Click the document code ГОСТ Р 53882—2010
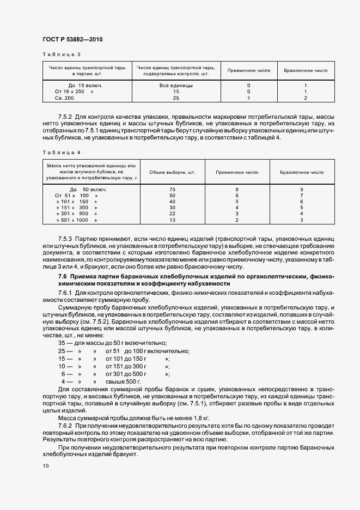point(72,40)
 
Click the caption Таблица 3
point(61,54)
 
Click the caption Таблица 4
point(61,153)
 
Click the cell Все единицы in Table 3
point(175,86)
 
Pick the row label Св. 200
point(64,98)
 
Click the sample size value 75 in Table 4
point(172,189)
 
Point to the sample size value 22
point(172,214)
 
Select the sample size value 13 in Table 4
point(172,220)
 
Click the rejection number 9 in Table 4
point(301,189)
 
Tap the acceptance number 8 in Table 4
point(237,189)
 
